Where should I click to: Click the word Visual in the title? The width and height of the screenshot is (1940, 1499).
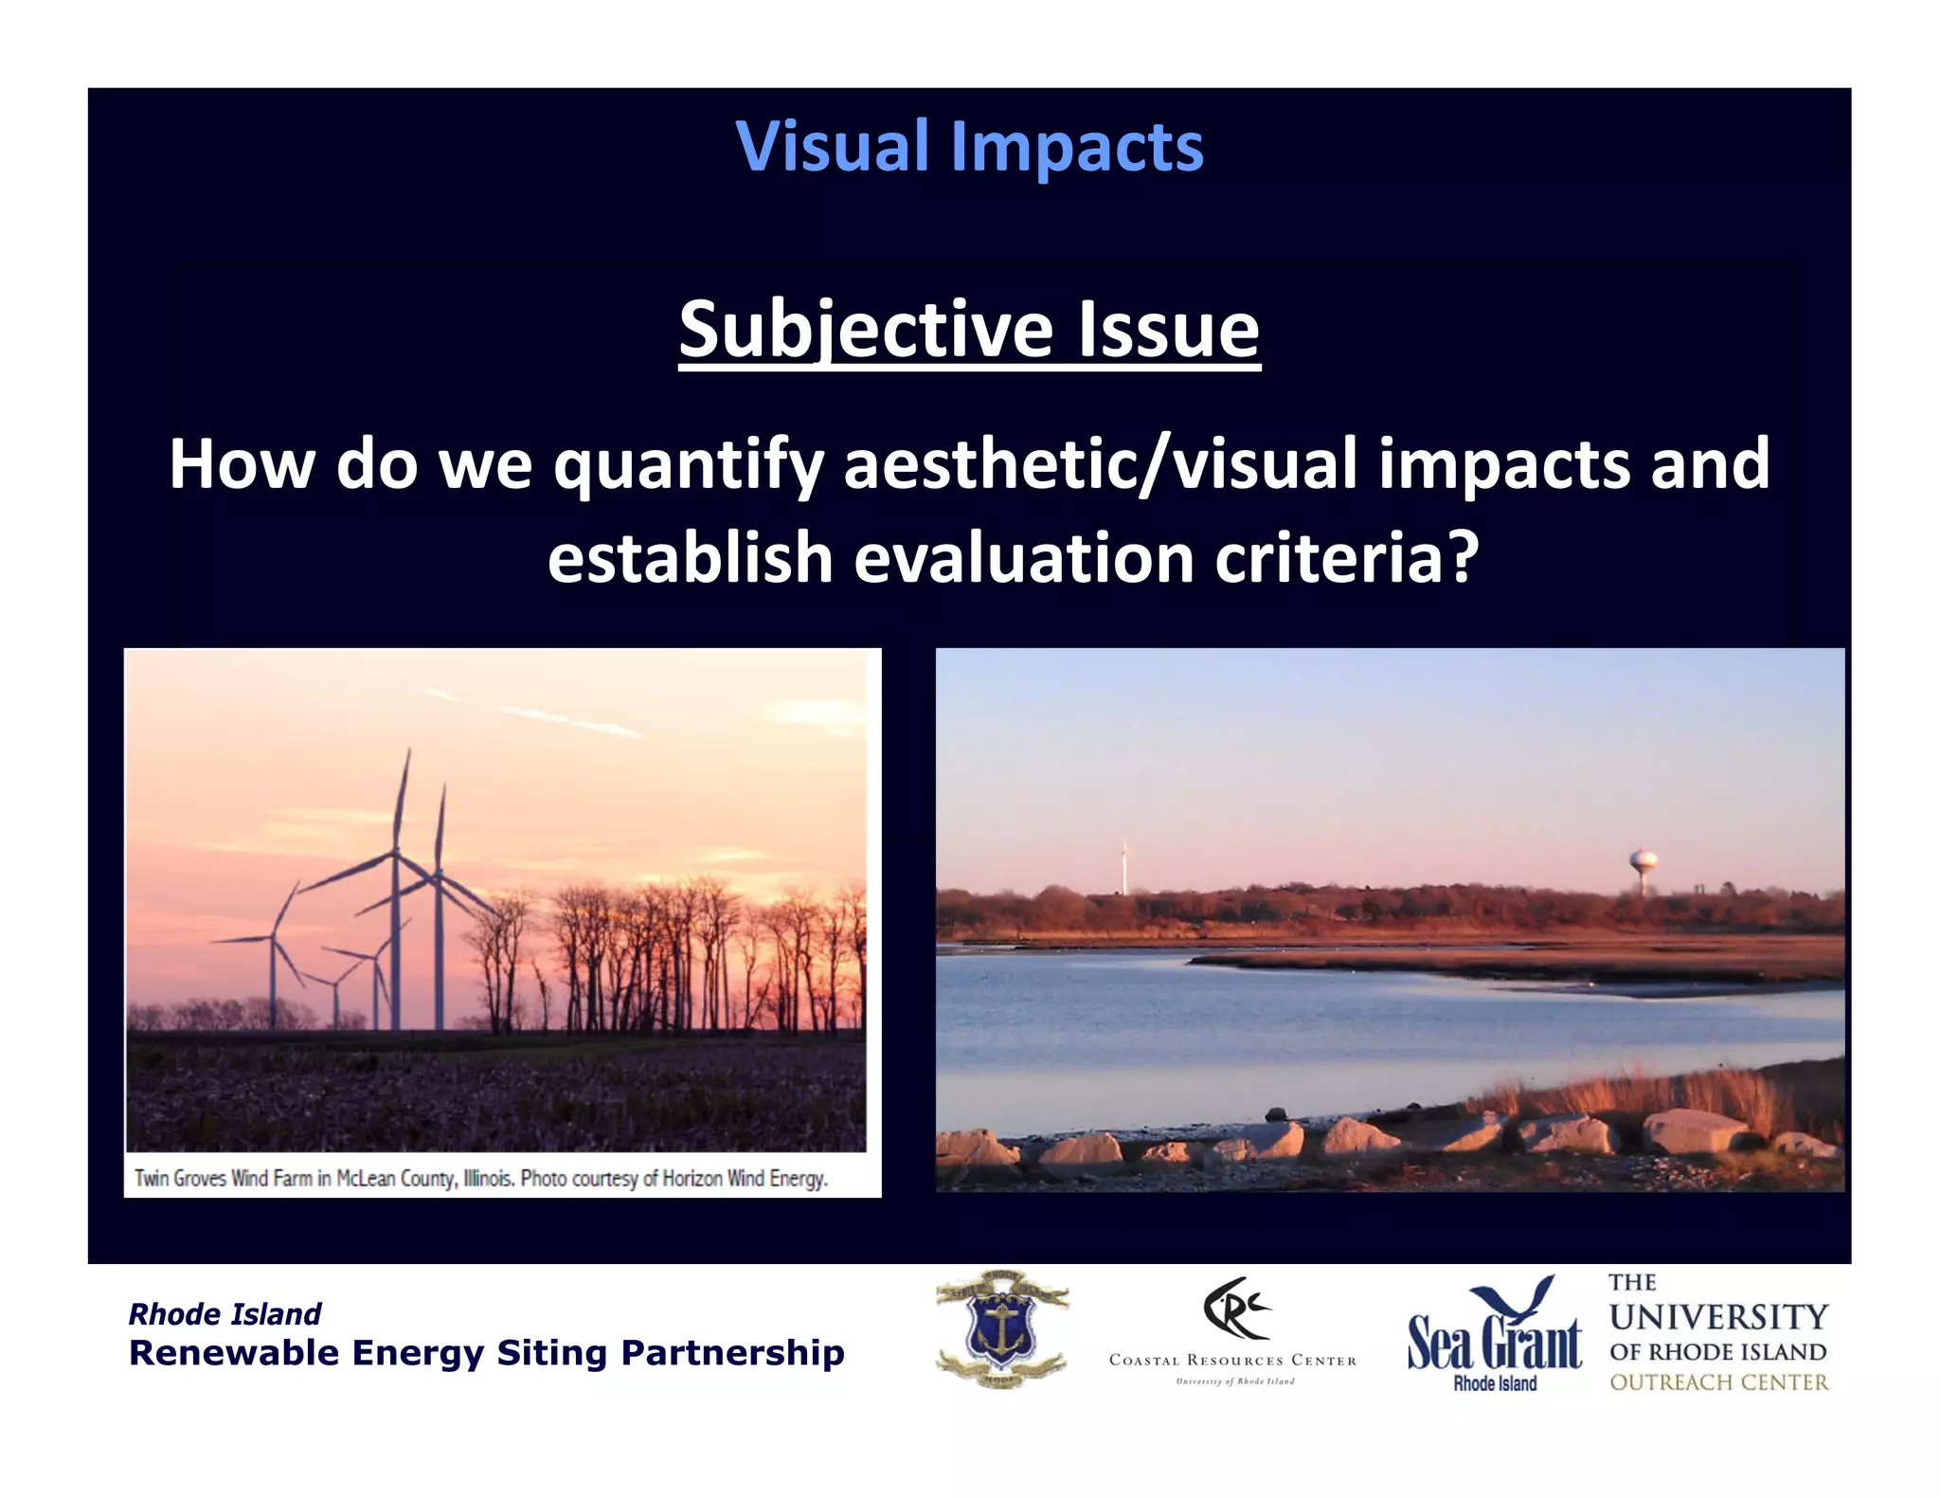(x=832, y=147)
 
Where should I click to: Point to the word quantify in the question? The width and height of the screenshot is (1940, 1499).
(x=688, y=464)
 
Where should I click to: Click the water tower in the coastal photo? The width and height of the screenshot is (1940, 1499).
(x=1644, y=867)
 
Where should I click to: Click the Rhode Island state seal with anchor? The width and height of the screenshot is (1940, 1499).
(x=1001, y=1329)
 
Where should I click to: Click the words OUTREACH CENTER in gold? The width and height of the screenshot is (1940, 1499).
(x=1718, y=1382)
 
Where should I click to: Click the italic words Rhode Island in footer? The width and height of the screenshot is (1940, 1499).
(x=225, y=1314)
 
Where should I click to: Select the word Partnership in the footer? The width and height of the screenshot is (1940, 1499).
(x=732, y=1353)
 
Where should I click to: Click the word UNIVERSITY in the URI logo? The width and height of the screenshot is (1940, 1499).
(x=1718, y=1317)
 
